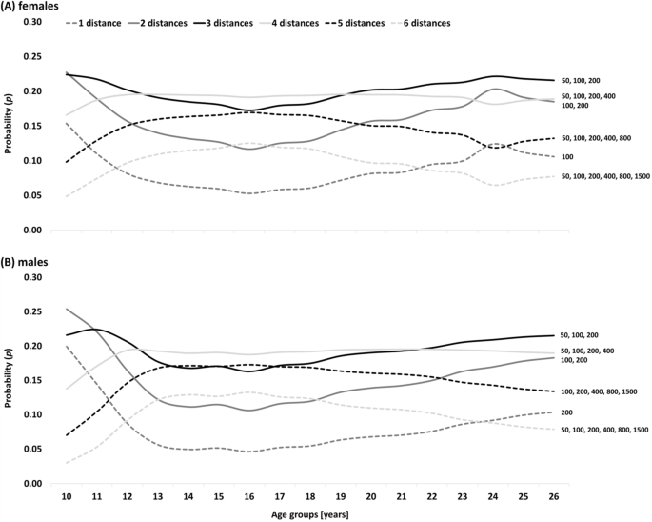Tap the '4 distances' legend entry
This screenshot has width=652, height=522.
coord(314,21)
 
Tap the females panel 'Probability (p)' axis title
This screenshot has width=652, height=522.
coord(9,126)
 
